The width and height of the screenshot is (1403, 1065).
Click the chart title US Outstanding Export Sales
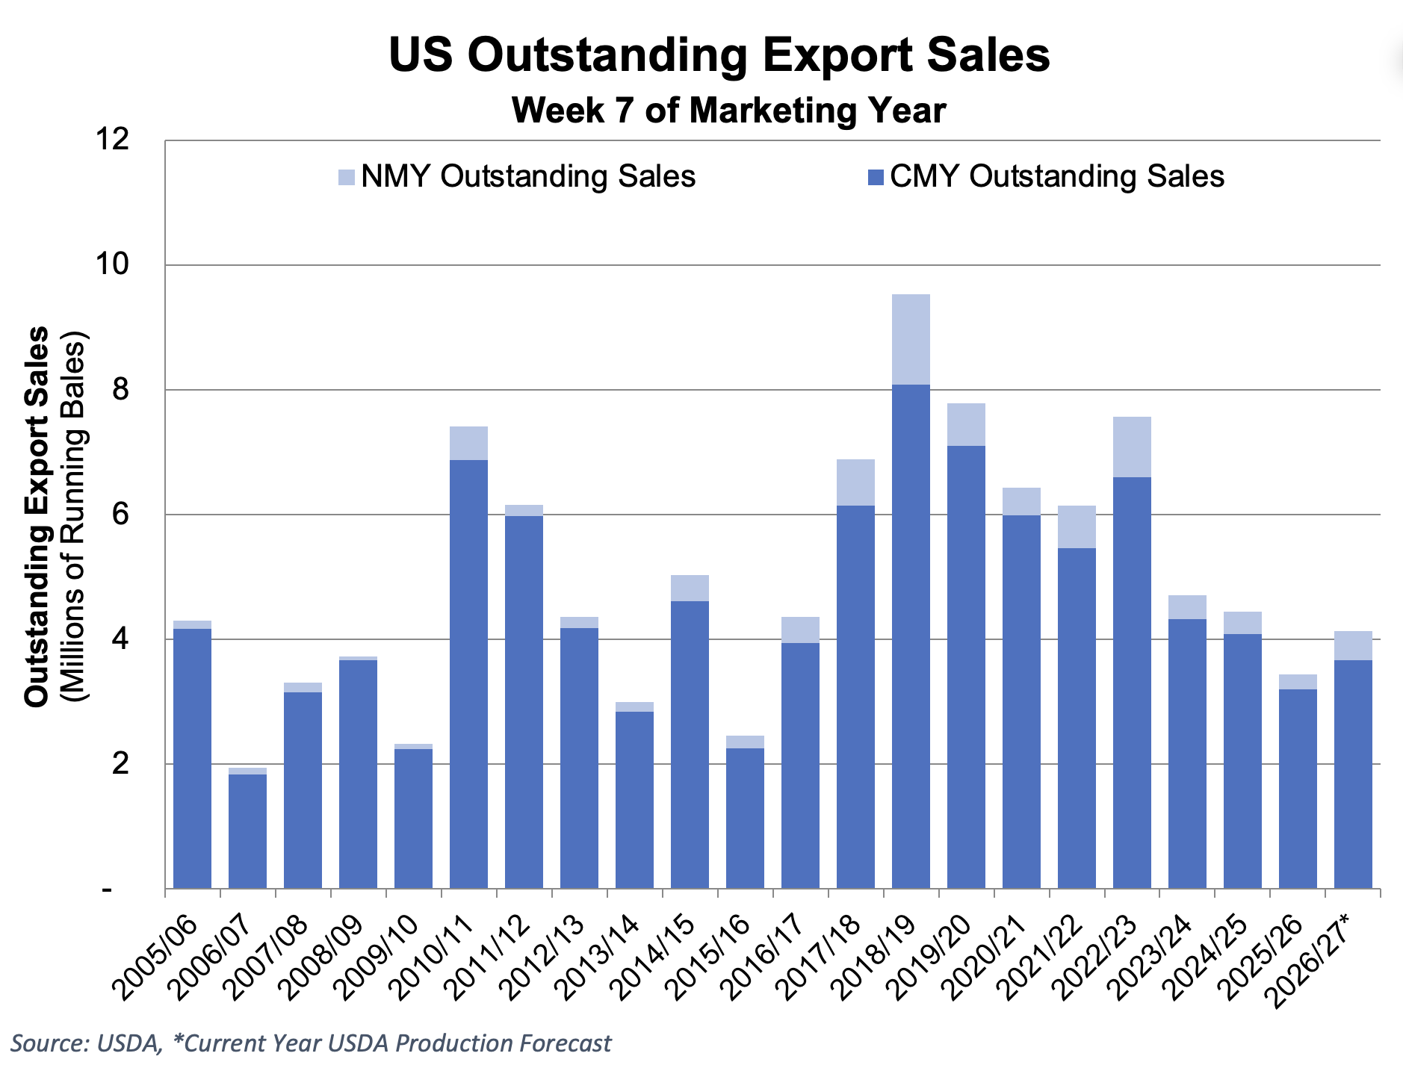point(719,55)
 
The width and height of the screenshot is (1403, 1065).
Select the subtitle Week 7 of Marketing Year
point(729,111)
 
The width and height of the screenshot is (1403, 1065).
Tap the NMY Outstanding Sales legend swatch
point(347,178)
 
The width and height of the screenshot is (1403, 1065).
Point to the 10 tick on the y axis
point(110,264)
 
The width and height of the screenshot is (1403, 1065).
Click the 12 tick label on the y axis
point(110,139)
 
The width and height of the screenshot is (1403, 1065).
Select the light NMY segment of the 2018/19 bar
point(911,340)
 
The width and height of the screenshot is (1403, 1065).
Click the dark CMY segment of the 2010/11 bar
point(468,674)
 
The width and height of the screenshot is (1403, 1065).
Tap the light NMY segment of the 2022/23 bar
point(1132,447)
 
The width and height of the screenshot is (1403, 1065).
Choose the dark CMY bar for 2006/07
point(247,831)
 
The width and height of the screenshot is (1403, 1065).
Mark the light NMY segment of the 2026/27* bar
point(1353,646)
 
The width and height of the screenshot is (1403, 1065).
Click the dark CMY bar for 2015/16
point(745,819)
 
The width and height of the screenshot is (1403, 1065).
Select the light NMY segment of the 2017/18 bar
point(855,482)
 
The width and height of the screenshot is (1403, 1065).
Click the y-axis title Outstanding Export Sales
point(37,516)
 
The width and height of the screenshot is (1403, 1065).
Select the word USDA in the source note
point(128,1043)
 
